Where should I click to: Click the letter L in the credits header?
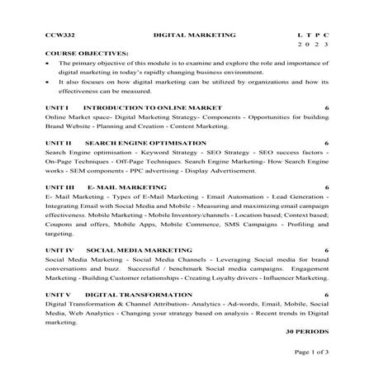click(x=299, y=36)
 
